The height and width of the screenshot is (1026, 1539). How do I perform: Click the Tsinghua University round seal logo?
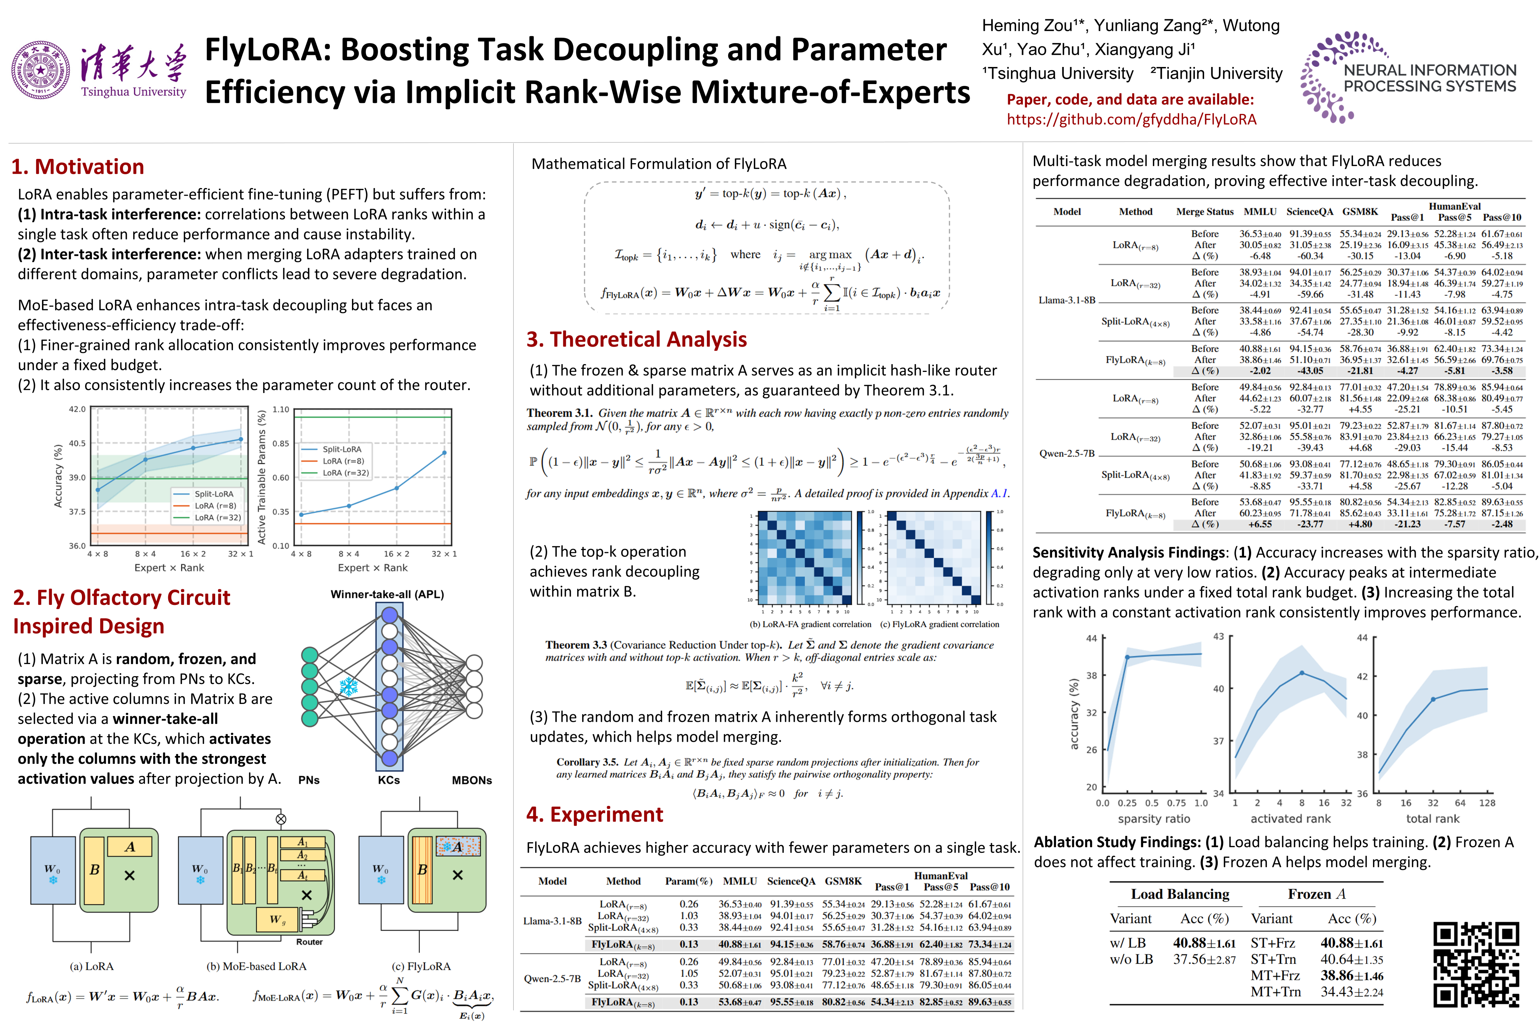pyautogui.click(x=41, y=70)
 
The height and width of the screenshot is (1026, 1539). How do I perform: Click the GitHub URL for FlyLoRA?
pyautogui.click(x=1131, y=119)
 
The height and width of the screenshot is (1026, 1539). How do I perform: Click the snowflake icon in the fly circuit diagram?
pyautogui.click(x=348, y=686)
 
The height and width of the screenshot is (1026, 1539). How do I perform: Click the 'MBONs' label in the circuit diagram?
pyautogui.click(x=472, y=780)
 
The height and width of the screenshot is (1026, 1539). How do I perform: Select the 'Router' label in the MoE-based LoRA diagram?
pyautogui.click(x=310, y=942)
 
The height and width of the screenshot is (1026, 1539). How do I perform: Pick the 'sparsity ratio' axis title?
pyautogui.click(x=1154, y=819)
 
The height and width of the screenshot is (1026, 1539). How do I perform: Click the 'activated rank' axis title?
pyautogui.click(x=1290, y=819)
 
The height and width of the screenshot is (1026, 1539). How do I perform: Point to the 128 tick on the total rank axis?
pyautogui.click(x=1487, y=803)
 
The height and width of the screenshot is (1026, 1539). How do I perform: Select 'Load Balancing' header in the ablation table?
pyautogui.click(x=1180, y=895)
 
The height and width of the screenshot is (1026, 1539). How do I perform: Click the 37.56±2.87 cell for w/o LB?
pyautogui.click(x=1204, y=960)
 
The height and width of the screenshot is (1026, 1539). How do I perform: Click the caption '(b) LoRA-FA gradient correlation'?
pyautogui.click(x=810, y=624)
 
